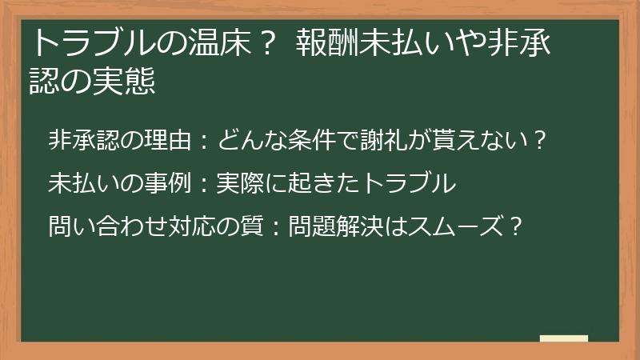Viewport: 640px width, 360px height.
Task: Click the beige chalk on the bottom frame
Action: pyautogui.click(x=564, y=339)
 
